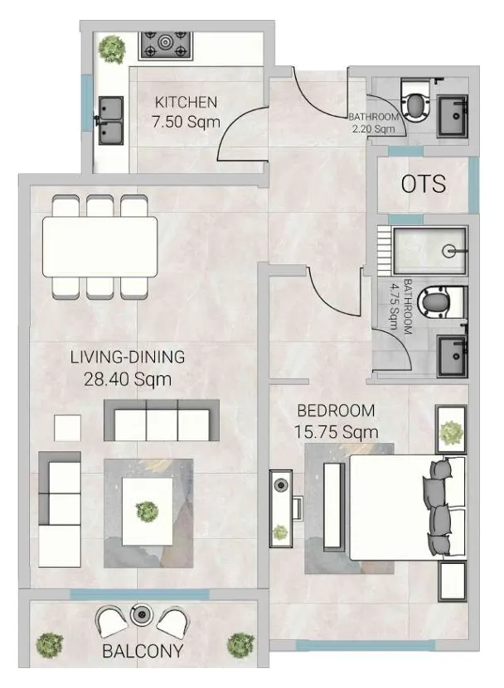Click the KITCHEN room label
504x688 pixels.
pyautogui.click(x=186, y=103)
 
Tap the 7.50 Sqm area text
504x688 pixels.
pyautogui.click(x=187, y=122)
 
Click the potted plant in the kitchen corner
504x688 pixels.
pyautogui.click(x=111, y=49)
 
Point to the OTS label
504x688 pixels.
pyautogui.click(x=423, y=183)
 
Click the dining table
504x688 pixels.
pyautogui.click(x=99, y=247)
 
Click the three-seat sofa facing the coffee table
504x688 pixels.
pyautogui.click(x=161, y=421)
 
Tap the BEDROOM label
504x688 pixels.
pyautogui.click(x=336, y=410)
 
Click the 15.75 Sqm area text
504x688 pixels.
pyautogui.click(x=336, y=431)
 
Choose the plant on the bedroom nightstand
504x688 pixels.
pyautogui.click(x=450, y=431)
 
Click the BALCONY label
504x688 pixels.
pyautogui.click(x=142, y=651)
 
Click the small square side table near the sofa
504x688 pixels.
pyautogui.click(x=68, y=427)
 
